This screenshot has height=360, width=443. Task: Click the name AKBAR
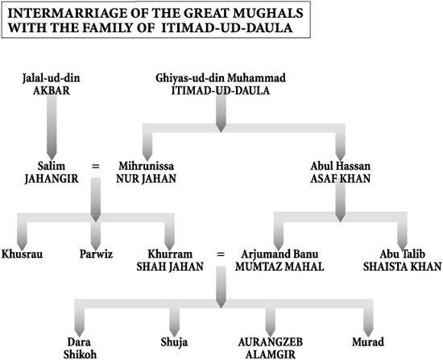51,91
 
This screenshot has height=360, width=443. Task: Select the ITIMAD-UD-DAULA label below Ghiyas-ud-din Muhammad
221,91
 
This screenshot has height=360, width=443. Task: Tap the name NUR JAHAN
146,179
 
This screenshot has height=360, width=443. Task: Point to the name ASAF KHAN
340,179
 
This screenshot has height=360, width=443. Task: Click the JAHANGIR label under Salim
52,179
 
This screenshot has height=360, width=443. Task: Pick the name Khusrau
22,254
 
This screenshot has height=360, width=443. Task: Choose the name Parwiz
96,254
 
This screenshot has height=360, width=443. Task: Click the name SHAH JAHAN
170,267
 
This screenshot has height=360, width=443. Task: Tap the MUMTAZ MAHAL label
279,267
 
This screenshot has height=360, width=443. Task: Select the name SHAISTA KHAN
402,267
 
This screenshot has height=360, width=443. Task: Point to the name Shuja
174,342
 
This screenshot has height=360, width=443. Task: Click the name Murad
368,342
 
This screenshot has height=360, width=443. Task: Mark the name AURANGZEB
271,342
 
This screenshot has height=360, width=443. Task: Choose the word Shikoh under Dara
80,354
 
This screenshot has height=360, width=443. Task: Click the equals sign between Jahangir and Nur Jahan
96,166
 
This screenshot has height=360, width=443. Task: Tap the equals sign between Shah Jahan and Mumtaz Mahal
221,254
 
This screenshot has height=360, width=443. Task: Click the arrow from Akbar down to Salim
52,127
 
